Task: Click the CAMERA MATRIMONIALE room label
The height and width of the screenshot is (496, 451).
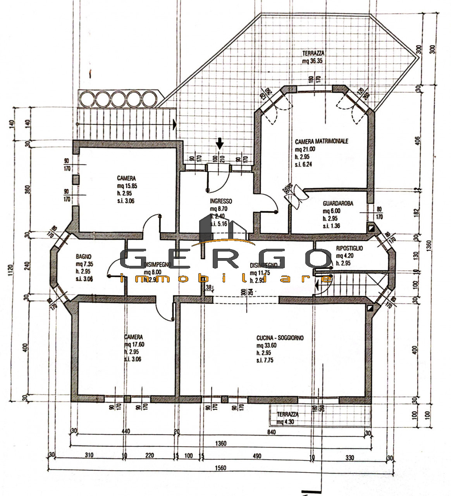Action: click(x=321, y=141)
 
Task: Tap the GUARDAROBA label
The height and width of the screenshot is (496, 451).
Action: click(x=337, y=203)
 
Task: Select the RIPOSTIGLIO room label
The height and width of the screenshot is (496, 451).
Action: click(x=349, y=248)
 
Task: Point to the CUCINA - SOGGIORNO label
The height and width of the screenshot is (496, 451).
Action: click(x=280, y=338)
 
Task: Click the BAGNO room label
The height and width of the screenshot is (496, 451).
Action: click(x=84, y=256)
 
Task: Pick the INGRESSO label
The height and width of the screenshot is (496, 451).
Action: click(x=221, y=201)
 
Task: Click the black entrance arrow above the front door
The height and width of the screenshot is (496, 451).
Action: click(x=220, y=143)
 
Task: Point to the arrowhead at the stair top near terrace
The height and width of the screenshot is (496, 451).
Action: click(x=175, y=124)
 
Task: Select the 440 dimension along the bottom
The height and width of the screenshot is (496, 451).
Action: click(x=126, y=431)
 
